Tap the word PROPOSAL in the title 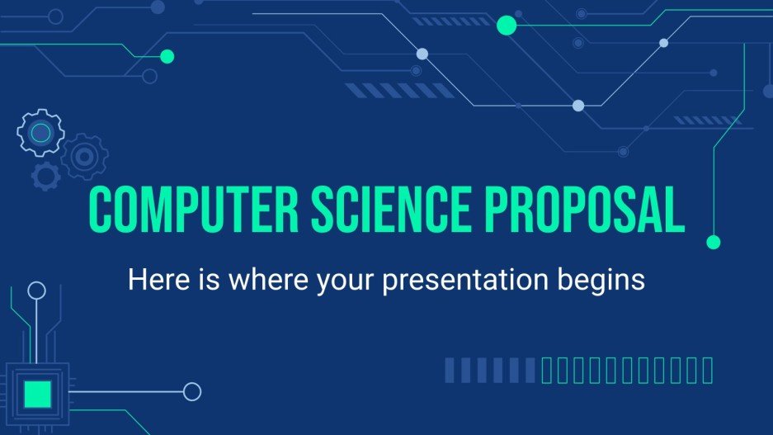(593, 210)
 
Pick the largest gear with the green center (40, 132)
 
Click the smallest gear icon (46, 175)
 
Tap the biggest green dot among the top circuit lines (506, 26)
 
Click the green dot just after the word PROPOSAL (714, 242)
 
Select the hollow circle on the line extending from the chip (192, 391)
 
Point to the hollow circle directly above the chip (36, 290)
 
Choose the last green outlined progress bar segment (707, 371)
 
